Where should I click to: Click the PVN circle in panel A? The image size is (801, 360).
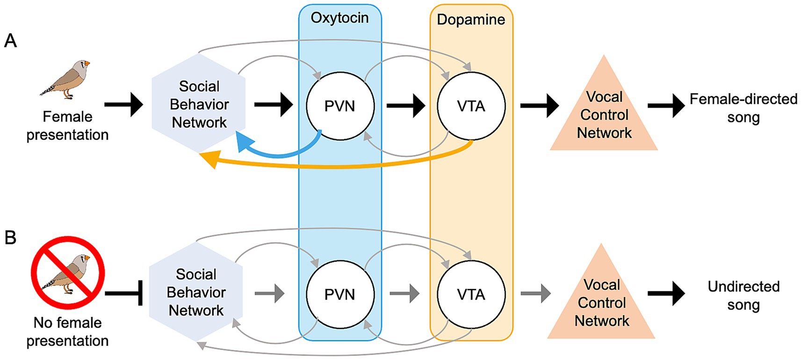coord(340,106)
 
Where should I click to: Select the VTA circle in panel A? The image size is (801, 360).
coord(471,106)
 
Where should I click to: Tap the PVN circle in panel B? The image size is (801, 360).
coord(340,294)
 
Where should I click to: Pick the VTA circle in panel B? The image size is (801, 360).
coord(471,294)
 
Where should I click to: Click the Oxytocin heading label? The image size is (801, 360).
coord(340,18)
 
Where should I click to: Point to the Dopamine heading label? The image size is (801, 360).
coord(471,20)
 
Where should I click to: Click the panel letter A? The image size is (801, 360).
coord(10,41)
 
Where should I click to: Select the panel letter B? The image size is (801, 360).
coord(10,238)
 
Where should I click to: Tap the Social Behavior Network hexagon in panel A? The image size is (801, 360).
coord(199,104)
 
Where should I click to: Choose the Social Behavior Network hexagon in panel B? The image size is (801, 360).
coord(196,292)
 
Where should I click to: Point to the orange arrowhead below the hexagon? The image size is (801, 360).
coord(209,159)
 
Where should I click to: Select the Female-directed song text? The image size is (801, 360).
coord(743,108)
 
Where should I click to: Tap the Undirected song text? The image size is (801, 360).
coord(743,295)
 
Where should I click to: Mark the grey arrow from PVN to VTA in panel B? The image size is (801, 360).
coord(404,294)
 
